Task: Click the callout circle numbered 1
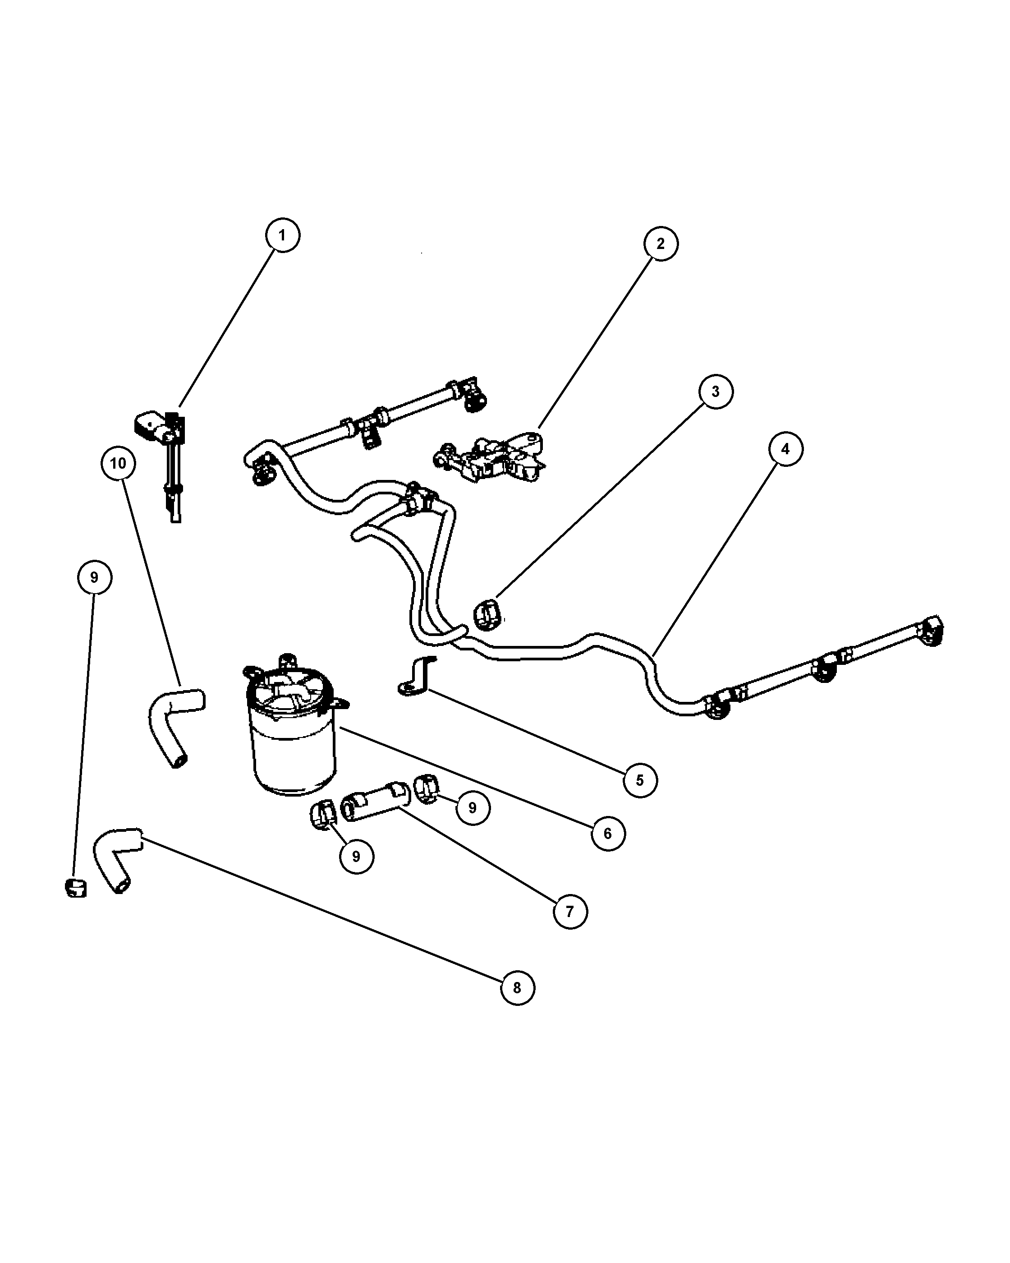(282, 235)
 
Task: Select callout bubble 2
(661, 244)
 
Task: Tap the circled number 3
(715, 392)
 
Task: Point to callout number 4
(785, 449)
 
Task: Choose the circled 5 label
(639, 780)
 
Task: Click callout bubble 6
(608, 833)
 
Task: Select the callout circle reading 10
(118, 463)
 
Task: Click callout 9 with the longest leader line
(94, 578)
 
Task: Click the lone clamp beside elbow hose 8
(75, 888)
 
